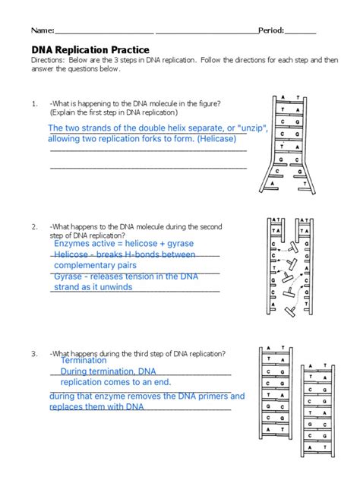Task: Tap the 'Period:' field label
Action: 271,30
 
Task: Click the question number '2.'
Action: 34,226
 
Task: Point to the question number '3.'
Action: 34,354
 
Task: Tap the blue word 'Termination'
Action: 83,361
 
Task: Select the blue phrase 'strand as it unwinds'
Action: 97,288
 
